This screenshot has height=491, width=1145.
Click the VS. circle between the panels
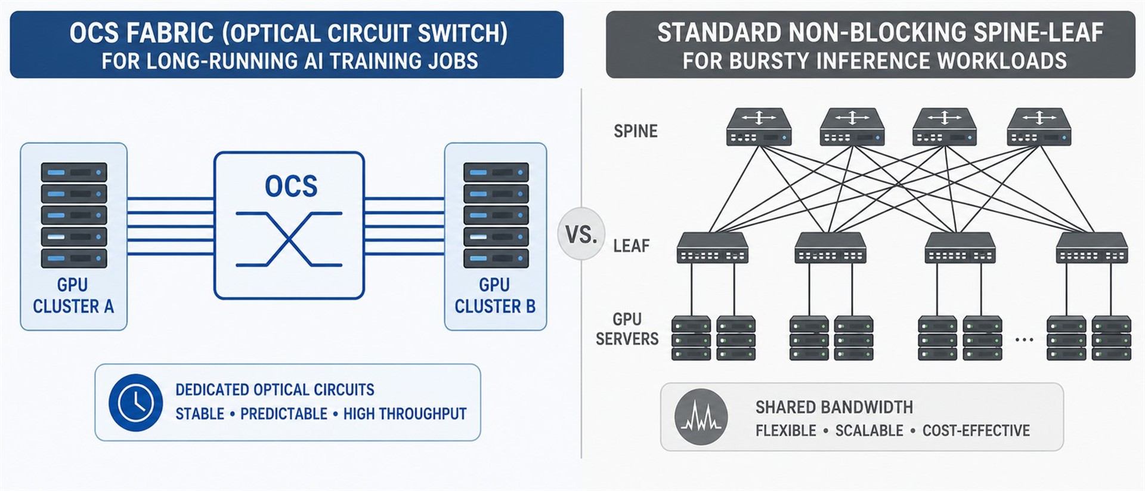pos(581,234)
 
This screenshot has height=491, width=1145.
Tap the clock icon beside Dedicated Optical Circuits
pos(135,403)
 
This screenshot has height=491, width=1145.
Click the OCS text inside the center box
pos(291,186)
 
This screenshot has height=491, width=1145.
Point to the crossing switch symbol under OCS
pos(289,239)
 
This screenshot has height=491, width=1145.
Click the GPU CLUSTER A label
pos(73,295)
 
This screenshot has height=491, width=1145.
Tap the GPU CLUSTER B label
pos(494,295)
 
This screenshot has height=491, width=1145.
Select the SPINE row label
pos(635,131)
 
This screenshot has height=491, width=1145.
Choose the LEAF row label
pos(631,246)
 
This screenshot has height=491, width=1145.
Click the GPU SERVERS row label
pos(627,329)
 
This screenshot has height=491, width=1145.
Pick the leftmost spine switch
pos(759,127)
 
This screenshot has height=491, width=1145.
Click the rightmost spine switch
pos(1039,127)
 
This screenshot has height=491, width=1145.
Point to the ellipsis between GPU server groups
pos(1024,339)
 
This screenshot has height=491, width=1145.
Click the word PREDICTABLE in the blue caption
pos(284,414)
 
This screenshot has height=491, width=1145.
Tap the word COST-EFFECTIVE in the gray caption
pos(976,431)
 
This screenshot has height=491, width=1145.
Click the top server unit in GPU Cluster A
pos(74,172)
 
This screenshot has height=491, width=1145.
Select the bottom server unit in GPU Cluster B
pos(496,258)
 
